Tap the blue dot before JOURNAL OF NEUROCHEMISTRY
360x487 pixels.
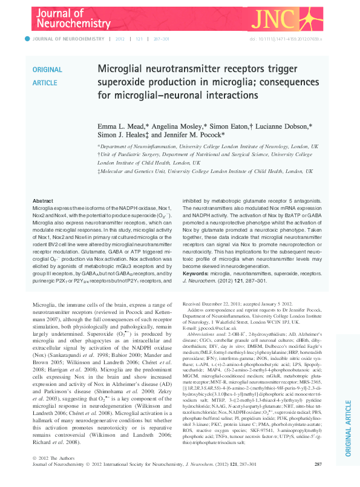(x=26, y=39)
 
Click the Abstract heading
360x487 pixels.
(x=42, y=201)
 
